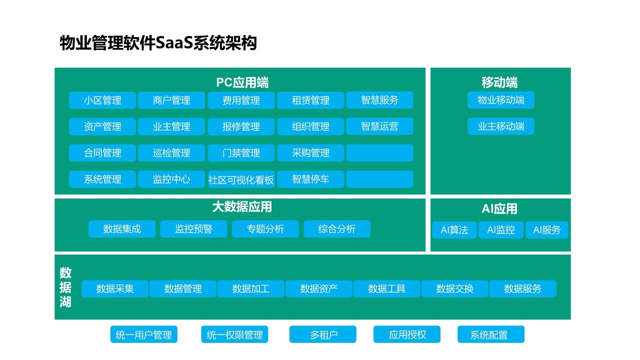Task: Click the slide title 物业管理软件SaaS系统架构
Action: (x=158, y=43)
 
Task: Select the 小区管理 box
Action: (x=102, y=100)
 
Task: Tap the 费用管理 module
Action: (x=241, y=100)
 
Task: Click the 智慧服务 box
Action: (x=380, y=100)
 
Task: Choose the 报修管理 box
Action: (x=241, y=126)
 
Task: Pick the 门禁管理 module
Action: (x=241, y=153)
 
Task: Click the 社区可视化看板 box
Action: (x=241, y=179)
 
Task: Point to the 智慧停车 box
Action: (x=310, y=179)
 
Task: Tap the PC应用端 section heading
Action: (x=242, y=82)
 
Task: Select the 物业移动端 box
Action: (x=501, y=100)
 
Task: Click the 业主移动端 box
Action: (x=501, y=126)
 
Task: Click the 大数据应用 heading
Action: (x=242, y=206)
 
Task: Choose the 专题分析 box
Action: (x=265, y=229)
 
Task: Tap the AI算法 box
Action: (x=454, y=230)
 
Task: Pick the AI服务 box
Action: (x=547, y=230)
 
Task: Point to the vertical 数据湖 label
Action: (x=65, y=287)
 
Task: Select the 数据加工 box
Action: (x=251, y=288)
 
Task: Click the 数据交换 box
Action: (x=455, y=288)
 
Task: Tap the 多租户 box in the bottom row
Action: (x=323, y=334)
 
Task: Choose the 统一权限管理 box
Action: (x=235, y=334)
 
